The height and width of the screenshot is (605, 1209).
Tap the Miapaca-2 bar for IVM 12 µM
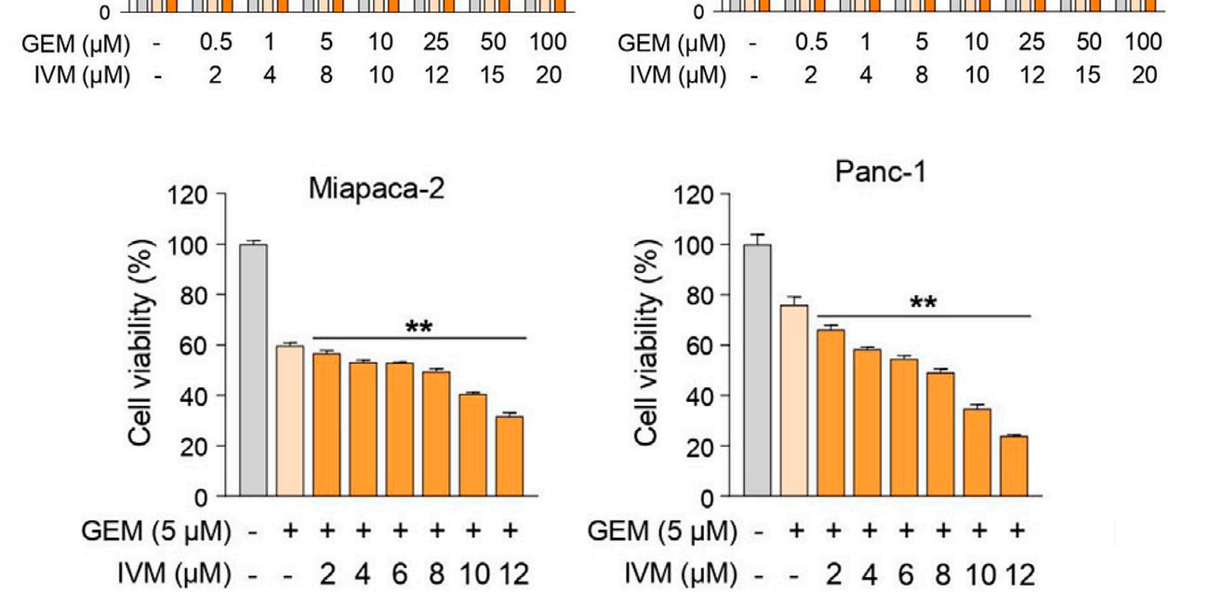510,455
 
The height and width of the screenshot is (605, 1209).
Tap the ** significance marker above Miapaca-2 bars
419,328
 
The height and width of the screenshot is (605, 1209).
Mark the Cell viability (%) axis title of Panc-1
648,344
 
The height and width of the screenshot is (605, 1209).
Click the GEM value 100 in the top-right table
1142,43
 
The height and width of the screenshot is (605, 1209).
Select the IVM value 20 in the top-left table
548,74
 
